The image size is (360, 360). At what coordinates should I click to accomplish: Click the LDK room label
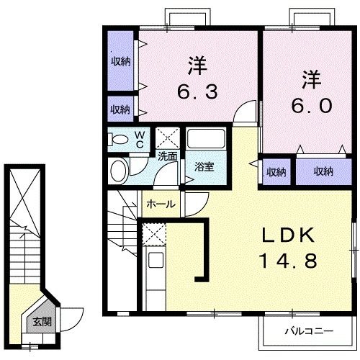[x=287, y=236]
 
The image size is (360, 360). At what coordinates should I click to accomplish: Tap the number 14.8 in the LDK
[x=287, y=261]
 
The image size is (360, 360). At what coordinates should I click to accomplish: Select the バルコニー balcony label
[x=307, y=332]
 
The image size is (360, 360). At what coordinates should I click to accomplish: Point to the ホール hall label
[x=160, y=204]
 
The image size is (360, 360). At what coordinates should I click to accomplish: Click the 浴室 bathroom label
[x=204, y=167]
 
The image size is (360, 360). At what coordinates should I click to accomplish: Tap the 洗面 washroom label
[x=168, y=155]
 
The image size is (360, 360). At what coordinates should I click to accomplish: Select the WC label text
[x=140, y=137]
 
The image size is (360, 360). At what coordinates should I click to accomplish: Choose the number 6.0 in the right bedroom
[x=311, y=105]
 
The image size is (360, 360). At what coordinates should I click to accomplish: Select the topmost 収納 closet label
[x=120, y=61]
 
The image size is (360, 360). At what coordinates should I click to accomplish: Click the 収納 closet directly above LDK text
[x=276, y=172]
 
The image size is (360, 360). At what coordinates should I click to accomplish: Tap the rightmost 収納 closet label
[x=323, y=171]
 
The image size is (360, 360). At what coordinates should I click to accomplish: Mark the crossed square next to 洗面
[x=168, y=137]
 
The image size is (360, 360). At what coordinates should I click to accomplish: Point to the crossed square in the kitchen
[x=153, y=234]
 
